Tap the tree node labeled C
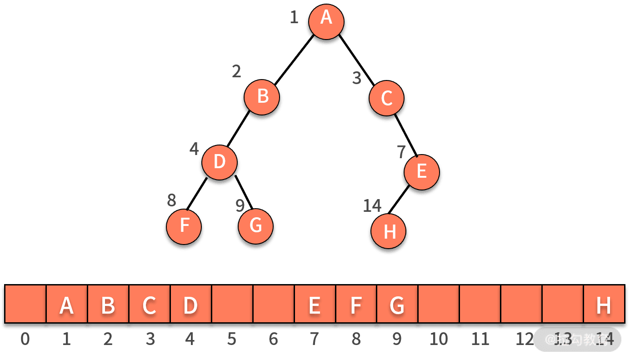(386, 98)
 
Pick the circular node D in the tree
(220, 162)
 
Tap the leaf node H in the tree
(389, 232)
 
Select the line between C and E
(407, 137)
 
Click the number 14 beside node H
(372, 206)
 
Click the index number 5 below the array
(232, 339)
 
